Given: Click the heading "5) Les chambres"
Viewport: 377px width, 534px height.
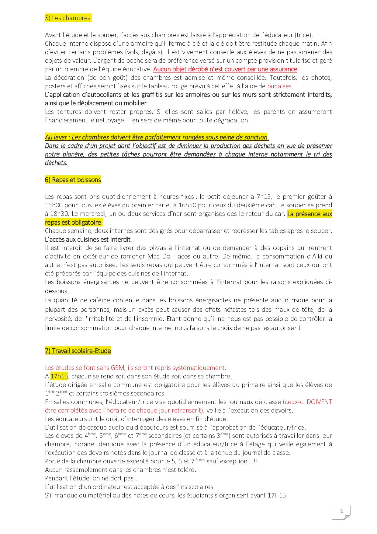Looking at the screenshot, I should click(x=67, y=18).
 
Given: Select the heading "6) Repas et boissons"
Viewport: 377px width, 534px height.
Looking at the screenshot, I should click(x=73, y=180).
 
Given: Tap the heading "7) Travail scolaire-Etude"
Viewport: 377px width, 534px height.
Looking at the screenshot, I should click(x=78, y=351).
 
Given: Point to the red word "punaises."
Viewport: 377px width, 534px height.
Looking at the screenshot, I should click(x=280, y=86).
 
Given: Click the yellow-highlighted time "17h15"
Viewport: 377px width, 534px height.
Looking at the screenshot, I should click(x=59, y=376).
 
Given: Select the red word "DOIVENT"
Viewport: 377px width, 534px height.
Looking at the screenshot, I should click(x=319, y=402).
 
